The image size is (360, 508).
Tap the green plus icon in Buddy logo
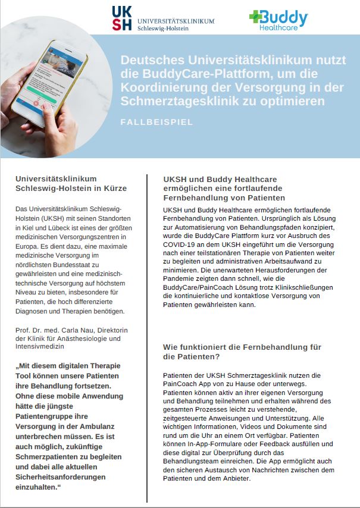coord(256,17)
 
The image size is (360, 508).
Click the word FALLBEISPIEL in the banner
coord(156,123)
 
